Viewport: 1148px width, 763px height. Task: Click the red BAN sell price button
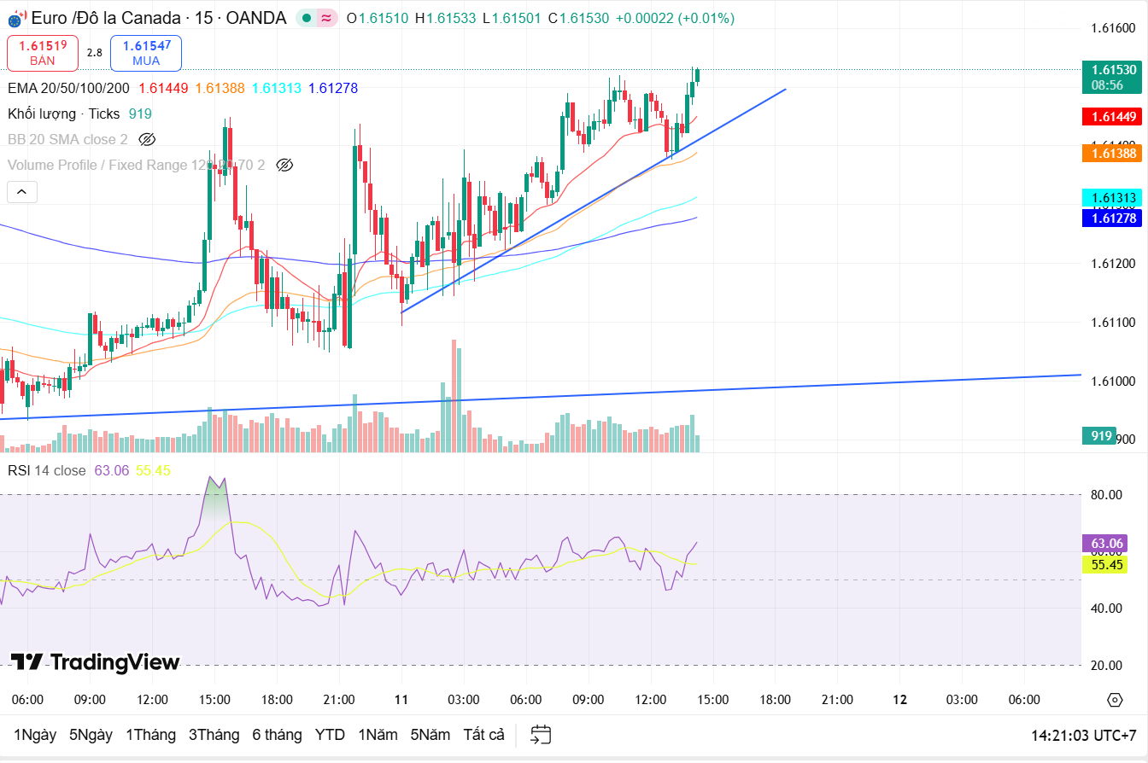(43, 53)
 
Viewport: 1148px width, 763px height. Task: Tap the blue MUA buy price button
(145, 53)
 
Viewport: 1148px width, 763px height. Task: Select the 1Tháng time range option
(150, 735)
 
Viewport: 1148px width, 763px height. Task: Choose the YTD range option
(330, 735)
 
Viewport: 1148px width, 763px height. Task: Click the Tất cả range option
(484, 735)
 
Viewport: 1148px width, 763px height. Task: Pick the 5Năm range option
(430, 735)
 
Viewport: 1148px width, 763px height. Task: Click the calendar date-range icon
(541, 735)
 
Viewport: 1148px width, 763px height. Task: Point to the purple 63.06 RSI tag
(1105, 544)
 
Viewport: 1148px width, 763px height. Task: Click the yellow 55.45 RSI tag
(1105, 564)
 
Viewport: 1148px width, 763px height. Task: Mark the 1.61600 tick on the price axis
(1113, 28)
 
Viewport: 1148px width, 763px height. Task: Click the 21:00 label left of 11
(339, 700)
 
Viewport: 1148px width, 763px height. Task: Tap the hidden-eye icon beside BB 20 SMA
(147, 139)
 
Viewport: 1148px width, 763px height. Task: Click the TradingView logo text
(96, 662)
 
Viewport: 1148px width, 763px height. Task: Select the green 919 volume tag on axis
(1101, 436)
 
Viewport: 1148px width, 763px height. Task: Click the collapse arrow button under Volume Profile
(21, 192)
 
